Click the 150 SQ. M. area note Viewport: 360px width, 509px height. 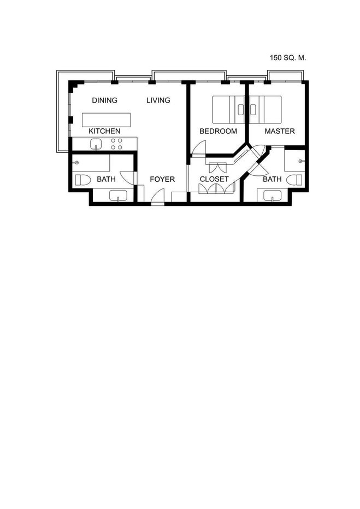point(288,58)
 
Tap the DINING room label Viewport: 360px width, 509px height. point(104,100)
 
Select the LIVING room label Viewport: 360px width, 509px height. point(158,100)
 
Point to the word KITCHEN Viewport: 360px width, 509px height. point(104,131)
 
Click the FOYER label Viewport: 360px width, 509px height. point(162,179)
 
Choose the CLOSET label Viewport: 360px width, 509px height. point(214,179)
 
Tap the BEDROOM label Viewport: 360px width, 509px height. point(218,131)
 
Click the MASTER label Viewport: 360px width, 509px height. point(280,131)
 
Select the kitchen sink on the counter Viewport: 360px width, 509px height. point(96,144)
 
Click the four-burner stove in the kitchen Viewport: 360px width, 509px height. point(116,144)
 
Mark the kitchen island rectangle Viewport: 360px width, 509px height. point(106,120)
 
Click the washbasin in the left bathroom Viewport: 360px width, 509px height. point(118,196)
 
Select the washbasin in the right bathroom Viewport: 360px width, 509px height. point(273,196)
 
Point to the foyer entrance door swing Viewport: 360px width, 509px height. point(158,197)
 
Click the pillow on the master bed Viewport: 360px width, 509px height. point(253,110)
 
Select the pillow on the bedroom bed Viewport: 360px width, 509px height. point(240,110)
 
